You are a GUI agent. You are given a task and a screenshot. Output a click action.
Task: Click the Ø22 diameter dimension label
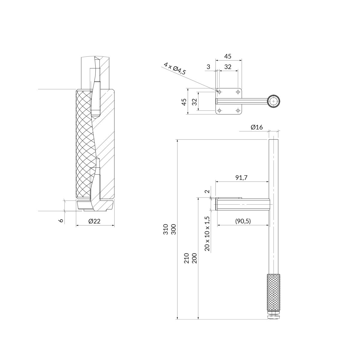click(94, 221)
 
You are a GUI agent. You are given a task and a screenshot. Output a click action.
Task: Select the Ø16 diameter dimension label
click(257, 127)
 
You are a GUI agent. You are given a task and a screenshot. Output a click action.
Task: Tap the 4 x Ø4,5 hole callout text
click(175, 69)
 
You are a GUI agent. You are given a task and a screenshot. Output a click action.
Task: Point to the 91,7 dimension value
click(241, 178)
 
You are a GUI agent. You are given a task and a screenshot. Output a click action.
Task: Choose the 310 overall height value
click(166, 229)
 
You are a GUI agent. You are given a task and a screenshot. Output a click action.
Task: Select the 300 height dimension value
click(174, 229)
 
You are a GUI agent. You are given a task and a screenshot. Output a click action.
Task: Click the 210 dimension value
click(187, 258)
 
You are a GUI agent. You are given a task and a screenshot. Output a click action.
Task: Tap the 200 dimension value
click(194, 258)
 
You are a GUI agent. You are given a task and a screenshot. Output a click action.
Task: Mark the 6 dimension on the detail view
click(61, 220)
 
